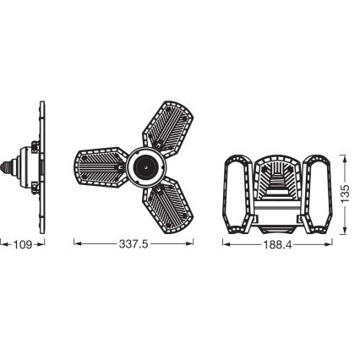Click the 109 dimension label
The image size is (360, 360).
coord(23,245)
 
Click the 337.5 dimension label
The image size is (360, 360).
coord(134,244)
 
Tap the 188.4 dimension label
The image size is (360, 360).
coord(277,245)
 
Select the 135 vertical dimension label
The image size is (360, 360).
coord(345,194)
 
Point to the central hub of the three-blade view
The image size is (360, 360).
coord(145,167)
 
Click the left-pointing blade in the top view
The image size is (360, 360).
coord(101,166)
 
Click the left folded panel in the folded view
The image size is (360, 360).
coord(237,194)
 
